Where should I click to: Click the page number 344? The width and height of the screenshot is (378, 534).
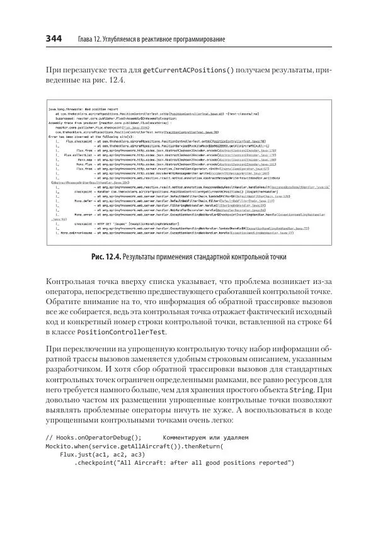point(53,39)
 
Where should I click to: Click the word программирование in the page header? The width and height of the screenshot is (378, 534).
point(197,40)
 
